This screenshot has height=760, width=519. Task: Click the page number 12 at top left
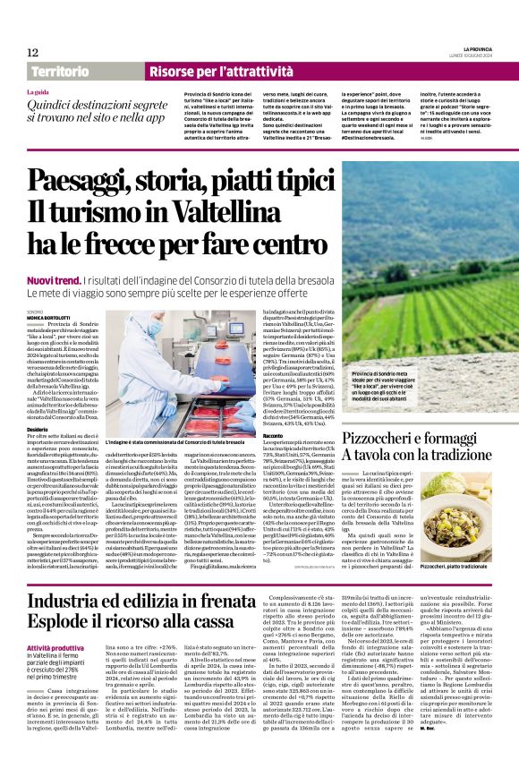tap(31, 53)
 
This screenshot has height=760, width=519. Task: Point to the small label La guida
tap(38, 92)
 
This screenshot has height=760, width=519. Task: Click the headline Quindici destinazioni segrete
tap(98, 107)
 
